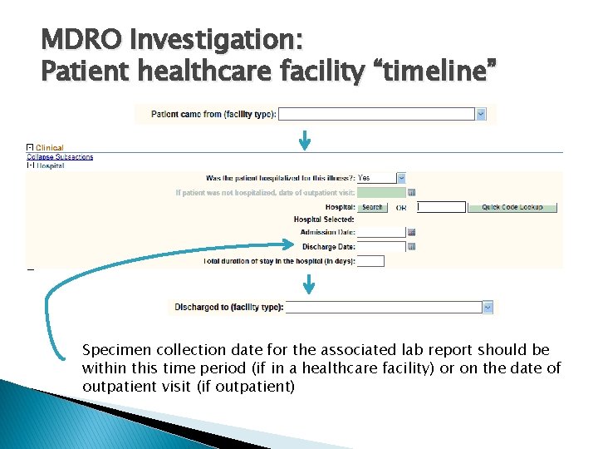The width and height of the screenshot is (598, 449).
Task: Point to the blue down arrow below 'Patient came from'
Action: pos(305,141)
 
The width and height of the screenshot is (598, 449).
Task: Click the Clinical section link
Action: pos(49,148)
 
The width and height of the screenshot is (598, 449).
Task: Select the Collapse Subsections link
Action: pos(60,156)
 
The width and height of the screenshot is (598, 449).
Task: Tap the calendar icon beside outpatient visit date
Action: pos(411,192)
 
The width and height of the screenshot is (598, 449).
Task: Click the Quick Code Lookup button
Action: pos(512,207)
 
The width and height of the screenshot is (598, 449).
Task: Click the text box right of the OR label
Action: pos(440,207)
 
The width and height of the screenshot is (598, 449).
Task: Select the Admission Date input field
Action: pos(380,233)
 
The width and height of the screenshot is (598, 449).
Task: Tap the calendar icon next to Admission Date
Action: pos(411,233)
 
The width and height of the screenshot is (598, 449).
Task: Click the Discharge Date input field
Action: pos(380,247)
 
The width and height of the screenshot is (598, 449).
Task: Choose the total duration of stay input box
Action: pos(370,261)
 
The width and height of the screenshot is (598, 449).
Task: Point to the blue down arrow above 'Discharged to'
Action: pos(309,285)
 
